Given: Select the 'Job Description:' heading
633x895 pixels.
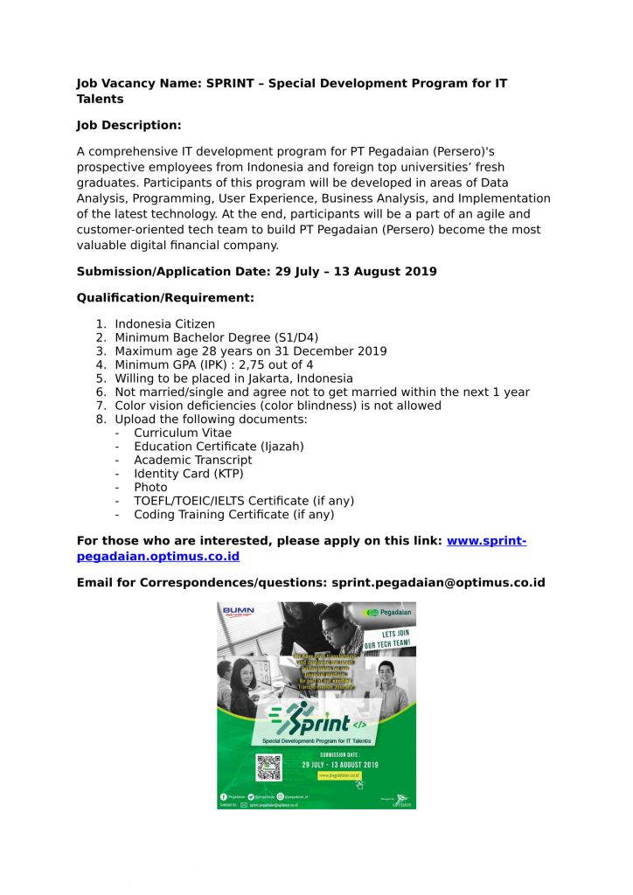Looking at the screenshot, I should (129, 125).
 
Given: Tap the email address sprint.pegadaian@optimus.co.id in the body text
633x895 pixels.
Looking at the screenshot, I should (438, 582).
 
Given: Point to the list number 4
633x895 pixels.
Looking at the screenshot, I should (101, 364).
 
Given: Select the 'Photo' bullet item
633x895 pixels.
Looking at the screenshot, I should (150, 487).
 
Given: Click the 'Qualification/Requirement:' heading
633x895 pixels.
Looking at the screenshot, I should (165, 297).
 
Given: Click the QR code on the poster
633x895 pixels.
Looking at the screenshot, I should (269, 767).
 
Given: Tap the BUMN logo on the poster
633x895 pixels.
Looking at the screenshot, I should (237, 611).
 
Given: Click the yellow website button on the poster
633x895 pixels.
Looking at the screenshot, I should (338, 774).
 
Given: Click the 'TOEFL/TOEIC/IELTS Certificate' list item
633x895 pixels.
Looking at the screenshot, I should (243, 501).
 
